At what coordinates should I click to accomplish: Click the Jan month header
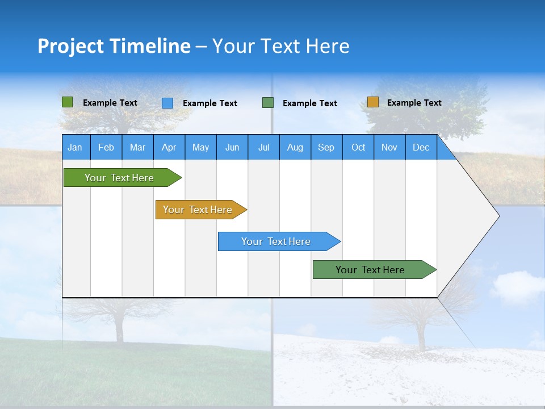click(x=76, y=147)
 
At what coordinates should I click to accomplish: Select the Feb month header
click(x=106, y=147)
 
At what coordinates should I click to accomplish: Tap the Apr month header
click(x=169, y=147)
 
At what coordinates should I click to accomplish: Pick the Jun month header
click(x=232, y=147)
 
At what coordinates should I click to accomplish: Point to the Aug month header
click(x=295, y=147)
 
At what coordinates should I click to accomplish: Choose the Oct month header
click(x=358, y=147)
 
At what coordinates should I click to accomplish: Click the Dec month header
click(x=421, y=147)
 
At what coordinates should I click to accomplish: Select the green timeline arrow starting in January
click(x=119, y=178)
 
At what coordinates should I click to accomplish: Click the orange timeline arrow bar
click(x=198, y=210)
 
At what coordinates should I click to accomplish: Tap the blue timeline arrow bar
click(x=276, y=241)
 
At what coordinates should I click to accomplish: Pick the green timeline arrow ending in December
click(x=370, y=270)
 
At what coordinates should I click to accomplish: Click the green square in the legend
click(x=68, y=102)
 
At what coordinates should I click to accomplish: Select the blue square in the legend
click(x=167, y=103)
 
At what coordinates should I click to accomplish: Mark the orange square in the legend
click(x=372, y=102)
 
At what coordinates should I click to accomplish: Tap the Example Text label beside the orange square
click(x=414, y=103)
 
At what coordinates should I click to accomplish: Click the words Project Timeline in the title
click(x=114, y=46)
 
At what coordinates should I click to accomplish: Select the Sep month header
click(x=326, y=147)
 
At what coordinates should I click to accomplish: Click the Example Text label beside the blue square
click(x=210, y=103)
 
